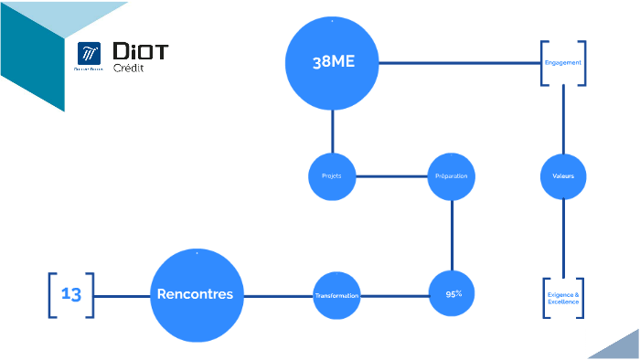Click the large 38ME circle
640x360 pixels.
pos(333,62)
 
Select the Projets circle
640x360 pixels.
pos(333,175)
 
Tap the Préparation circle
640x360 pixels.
pos(452,175)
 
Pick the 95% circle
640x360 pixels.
pos(453,294)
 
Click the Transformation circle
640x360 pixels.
pos(337,295)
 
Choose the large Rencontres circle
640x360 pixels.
pos(196,294)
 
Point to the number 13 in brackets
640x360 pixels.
pos(71,294)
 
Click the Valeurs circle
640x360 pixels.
pos(563,175)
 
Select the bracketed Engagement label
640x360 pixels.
pos(562,63)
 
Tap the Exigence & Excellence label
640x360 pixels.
pos(563,298)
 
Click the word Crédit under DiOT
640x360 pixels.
pos(127,69)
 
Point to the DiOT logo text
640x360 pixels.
pos(140,51)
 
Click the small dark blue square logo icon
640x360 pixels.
pos(90,55)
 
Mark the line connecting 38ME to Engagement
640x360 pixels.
pos(457,63)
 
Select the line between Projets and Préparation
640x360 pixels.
pos(392,175)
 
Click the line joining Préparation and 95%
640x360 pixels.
pos(453,235)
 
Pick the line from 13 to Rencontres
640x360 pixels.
pos(122,295)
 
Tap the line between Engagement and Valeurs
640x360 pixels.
pos(563,119)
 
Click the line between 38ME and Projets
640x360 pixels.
pos(333,130)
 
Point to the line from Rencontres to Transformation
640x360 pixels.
pos(278,295)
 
